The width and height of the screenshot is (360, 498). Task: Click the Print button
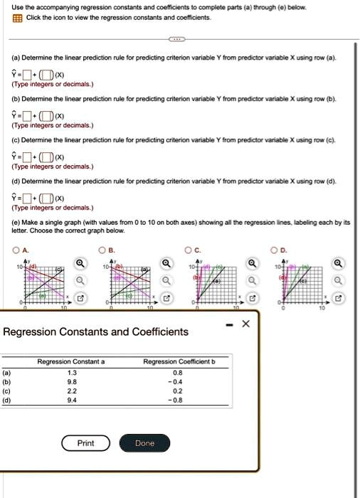point(85,443)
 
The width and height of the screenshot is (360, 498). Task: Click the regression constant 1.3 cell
point(71,371)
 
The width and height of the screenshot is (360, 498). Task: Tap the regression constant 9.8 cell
point(71,381)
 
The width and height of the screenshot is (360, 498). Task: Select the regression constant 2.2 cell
point(71,390)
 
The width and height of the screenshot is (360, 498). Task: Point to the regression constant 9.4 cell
point(71,399)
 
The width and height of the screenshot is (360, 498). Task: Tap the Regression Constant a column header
point(71,361)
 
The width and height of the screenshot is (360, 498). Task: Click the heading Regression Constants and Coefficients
point(96,332)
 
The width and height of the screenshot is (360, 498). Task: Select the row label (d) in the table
point(7,399)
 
